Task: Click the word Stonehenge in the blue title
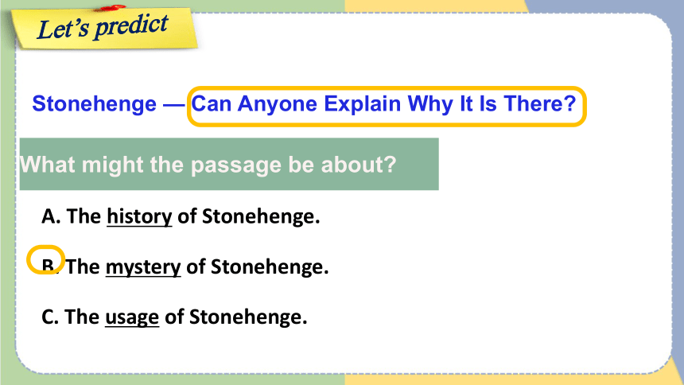94,104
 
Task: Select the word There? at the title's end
540,104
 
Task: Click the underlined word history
140,216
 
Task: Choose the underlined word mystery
143,267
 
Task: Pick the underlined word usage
132,317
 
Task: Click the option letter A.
50,216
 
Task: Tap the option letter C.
49,317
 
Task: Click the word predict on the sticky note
131,25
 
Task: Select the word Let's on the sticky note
64,29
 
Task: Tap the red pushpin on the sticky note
113,7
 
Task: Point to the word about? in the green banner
359,165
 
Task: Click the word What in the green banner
48,165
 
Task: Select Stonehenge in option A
261,216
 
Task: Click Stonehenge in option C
248,317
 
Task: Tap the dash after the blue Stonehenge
173,105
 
